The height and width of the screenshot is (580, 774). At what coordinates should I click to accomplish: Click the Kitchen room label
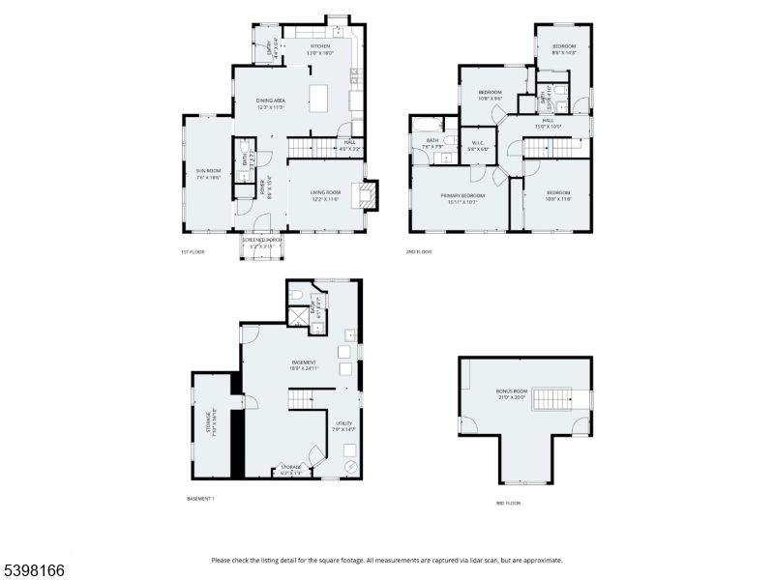(320, 49)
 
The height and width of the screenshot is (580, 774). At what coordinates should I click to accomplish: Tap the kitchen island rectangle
(319, 98)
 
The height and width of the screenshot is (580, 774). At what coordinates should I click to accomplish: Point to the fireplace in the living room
(368, 196)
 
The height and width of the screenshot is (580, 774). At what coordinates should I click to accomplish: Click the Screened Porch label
(258, 243)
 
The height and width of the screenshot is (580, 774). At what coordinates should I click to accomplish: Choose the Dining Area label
(270, 103)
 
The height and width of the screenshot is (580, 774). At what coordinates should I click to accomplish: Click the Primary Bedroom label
(460, 198)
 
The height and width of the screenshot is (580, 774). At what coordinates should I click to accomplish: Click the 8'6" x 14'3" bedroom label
(564, 49)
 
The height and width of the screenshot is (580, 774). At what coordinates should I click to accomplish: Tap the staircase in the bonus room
(551, 397)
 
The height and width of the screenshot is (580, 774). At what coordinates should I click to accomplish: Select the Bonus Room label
(511, 393)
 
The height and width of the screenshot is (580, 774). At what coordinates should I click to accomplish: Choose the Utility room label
(344, 426)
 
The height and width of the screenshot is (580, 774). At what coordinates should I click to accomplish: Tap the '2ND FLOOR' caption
(418, 251)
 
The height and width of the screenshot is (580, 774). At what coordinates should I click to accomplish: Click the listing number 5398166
(33, 571)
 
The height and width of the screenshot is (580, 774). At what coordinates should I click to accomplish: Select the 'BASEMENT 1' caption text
(200, 498)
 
